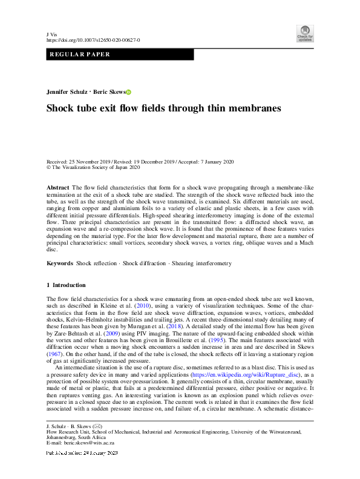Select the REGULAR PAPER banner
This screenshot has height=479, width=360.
point(120,55)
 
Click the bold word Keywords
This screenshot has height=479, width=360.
point(61,264)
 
